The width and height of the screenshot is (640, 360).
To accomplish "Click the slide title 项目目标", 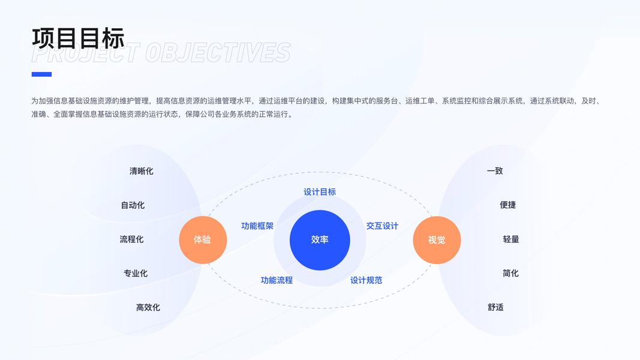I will click(x=78, y=38).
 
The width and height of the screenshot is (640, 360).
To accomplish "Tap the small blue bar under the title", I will click(x=41, y=74).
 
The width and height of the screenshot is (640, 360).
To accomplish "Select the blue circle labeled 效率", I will click(x=320, y=240).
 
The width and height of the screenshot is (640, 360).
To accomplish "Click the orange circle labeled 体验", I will click(x=203, y=240).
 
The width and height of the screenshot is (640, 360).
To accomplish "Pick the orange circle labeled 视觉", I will click(x=437, y=240).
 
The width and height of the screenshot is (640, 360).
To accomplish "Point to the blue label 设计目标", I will click(x=320, y=192).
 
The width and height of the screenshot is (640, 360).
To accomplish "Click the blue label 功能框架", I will click(x=257, y=226).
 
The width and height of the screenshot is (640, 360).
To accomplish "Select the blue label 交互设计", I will click(x=382, y=226).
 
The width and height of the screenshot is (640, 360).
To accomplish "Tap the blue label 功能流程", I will click(x=277, y=280).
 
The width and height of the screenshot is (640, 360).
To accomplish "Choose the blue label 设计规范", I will click(x=366, y=280).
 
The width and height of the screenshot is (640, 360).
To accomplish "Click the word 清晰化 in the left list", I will click(x=142, y=171).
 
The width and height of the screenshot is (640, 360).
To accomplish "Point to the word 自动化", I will click(x=133, y=205).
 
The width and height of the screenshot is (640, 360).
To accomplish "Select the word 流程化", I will click(x=131, y=239).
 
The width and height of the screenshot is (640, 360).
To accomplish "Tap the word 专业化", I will click(x=136, y=274).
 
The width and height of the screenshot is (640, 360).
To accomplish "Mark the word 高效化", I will click(x=148, y=308).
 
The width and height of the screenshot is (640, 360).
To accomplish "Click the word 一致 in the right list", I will click(x=495, y=171).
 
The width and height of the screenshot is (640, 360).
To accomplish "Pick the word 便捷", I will click(x=507, y=205).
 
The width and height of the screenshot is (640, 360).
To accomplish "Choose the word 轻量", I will click(x=511, y=239).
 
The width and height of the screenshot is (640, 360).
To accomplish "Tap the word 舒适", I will click(x=495, y=307).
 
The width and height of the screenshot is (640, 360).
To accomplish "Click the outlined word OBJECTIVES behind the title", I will click(x=218, y=53).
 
